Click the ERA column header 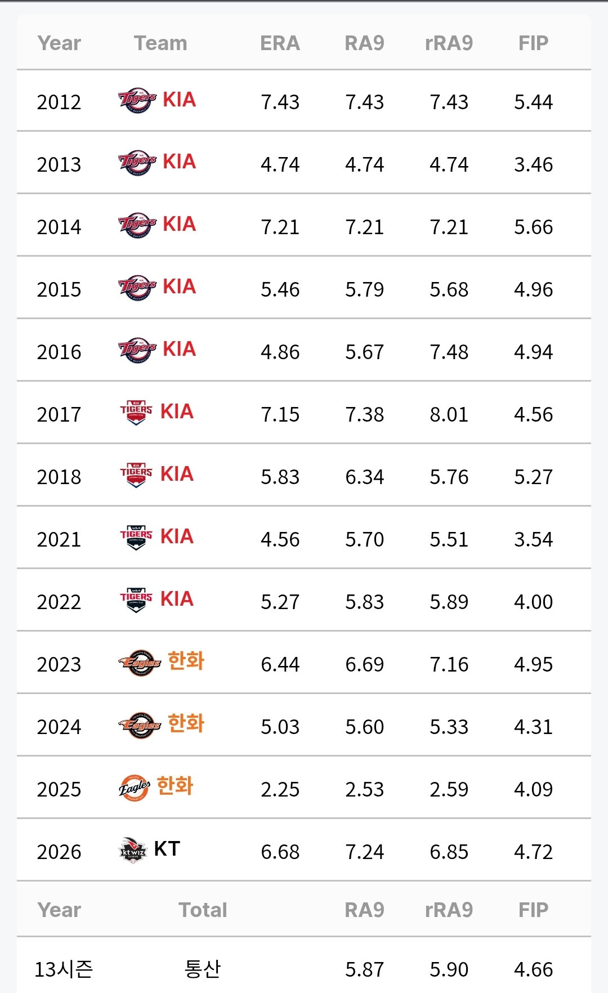point(280,43)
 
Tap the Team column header point(160,43)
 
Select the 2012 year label point(59,102)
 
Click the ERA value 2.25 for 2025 point(280,790)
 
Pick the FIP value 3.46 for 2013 point(533,165)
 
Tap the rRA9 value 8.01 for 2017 point(449,415)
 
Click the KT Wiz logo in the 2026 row point(133,850)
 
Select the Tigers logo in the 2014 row point(137,225)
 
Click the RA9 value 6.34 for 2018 point(364,477)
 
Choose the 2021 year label point(59,540)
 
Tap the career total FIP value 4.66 point(533,970)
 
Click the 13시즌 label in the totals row point(64,969)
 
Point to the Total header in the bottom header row point(203,910)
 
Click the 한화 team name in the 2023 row point(186,661)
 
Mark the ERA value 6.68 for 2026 point(280,852)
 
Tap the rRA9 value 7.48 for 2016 point(449,352)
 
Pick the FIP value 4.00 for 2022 point(533,602)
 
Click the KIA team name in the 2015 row point(180,287)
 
